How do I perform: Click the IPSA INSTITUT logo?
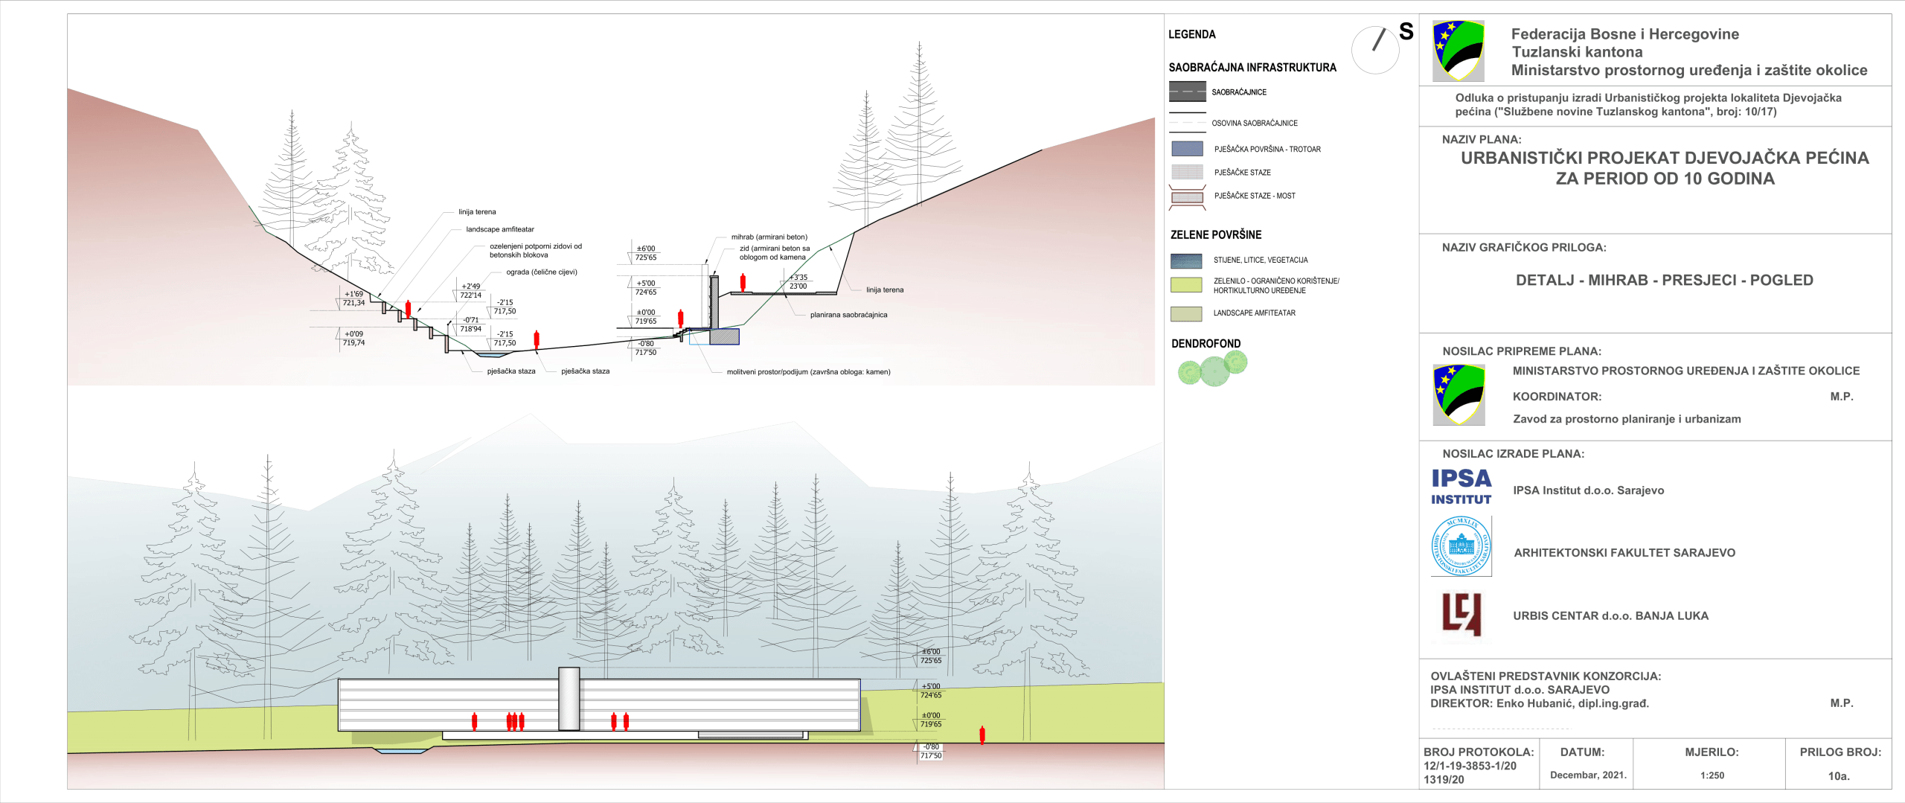(x=1461, y=487)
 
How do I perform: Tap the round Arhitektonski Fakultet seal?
(x=1461, y=546)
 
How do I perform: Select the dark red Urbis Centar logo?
(x=1461, y=615)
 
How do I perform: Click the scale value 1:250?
(x=1712, y=775)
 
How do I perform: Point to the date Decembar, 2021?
(x=1588, y=775)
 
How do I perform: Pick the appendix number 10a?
(x=1839, y=776)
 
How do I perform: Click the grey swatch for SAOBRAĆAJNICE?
(x=1187, y=92)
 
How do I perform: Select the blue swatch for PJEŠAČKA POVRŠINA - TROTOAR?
(x=1187, y=149)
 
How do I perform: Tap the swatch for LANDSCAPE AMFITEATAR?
(x=1186, y=313)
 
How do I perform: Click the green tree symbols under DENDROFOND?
(x=1212, y=368)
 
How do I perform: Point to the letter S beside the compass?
(x=1406, y=31)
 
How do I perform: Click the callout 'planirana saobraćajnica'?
(x=848, y=315)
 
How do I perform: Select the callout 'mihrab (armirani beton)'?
(x=769, y=237)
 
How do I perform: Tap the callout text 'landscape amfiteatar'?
(x=500, y=229)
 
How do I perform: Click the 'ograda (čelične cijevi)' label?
(x=542, y=272)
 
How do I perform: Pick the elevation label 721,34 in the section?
(x=353, y=303)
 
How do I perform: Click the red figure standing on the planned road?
(x=743, y=282)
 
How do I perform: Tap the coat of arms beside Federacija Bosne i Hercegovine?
(x=1458, y=51)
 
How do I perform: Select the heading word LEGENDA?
(x=1191, y=34)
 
